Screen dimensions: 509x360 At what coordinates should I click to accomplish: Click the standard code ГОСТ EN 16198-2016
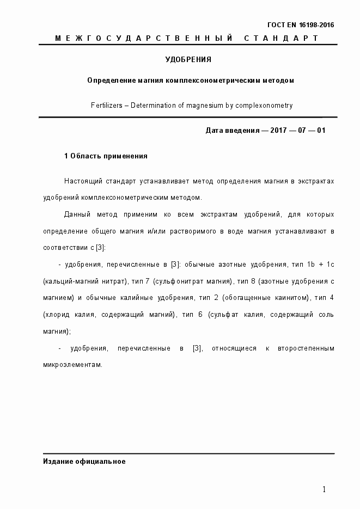coord(301,25)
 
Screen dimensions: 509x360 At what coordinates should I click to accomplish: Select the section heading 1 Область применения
coord(106,156)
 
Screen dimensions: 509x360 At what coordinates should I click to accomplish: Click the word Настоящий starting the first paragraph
coord(81,181)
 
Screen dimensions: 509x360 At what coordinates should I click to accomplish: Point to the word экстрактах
coord(316,181)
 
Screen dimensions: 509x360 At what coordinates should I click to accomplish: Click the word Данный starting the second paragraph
coord(78,214)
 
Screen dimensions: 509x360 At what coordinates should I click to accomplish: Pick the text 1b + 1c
coord(319,265)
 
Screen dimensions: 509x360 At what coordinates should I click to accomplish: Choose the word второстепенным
coord(306,348)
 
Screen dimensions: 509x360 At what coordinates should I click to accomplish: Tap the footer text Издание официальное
coord(84,462)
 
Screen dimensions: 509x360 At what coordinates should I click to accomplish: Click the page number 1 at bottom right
coord(324,489)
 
